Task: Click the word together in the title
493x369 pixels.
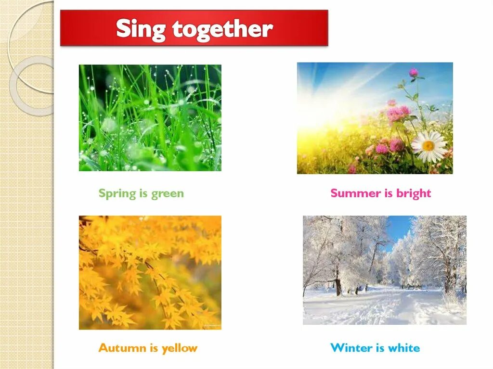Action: (x=222, y=30)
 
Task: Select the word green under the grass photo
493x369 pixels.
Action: (x=168, y=194)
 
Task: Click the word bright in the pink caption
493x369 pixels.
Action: (x=414, y=193)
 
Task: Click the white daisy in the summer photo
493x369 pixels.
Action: (x=428, y=146)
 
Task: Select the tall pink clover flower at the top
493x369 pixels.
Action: (x=413, y=72)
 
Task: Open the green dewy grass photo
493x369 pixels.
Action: (x=150, y=118)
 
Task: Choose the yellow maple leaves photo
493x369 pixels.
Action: (x=150, y=272)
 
